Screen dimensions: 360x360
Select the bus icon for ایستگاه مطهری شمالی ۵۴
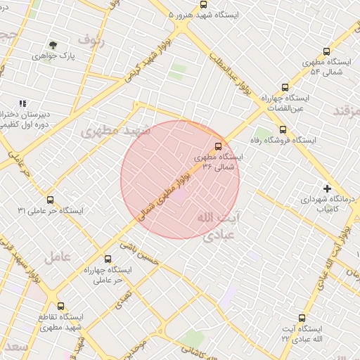pos(326,51)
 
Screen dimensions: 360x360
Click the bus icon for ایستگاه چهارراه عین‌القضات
pos(285,88)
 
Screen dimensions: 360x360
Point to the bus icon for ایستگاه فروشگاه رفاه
pos(283,129)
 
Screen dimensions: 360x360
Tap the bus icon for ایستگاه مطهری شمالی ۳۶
pos(218,146)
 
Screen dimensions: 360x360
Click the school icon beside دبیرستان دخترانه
pos(22,103)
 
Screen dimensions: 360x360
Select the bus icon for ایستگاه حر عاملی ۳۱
pos(48,199)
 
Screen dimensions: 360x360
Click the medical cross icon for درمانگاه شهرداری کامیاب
pos(327,188)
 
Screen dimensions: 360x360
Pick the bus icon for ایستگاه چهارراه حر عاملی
pos(108,259)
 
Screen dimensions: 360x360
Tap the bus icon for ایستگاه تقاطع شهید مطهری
pos(60,307)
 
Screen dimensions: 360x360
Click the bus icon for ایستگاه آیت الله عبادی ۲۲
pos(302,318)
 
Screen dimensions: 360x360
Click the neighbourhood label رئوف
pos(91,39)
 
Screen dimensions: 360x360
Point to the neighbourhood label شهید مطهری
pos(116,131)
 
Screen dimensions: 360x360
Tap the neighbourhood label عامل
pos(57,257)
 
